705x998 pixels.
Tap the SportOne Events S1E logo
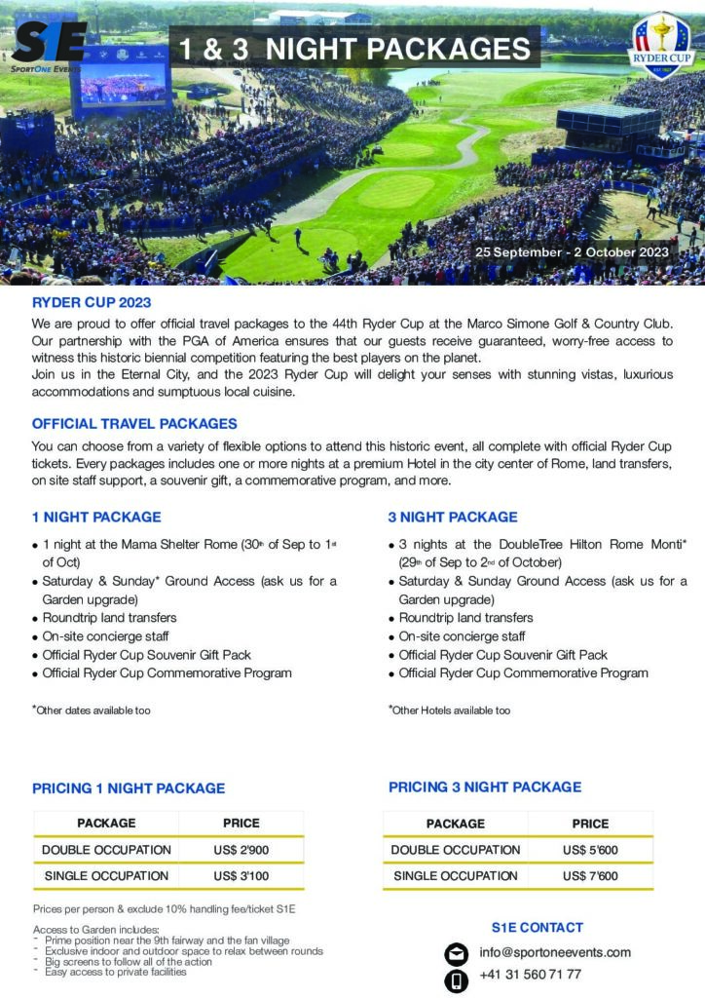[x=49, y=45]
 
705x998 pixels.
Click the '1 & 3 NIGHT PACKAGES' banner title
[x=354, y=48]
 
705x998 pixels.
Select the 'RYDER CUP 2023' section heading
[x=92, y=303]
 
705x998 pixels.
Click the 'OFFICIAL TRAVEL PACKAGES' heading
[x=134, y=424]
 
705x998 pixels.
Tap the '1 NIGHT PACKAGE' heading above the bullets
[x=96, y=517]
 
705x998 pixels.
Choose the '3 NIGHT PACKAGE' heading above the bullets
[x=453, y=517]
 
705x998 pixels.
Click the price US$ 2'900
[x=241, y=850]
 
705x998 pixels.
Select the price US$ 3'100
[x=241, y=876]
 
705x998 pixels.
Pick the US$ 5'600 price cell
[x=590, y=850]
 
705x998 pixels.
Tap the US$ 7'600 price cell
[x=590, y=876]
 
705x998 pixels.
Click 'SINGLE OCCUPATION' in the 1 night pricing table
[x=106, y=876]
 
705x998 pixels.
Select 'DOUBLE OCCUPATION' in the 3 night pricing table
[x=456, y=850]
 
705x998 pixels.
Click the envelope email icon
[x=456, y=953]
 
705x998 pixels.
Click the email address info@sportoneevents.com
[x=555, y=952]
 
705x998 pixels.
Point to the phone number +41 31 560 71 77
[x=531, y=975]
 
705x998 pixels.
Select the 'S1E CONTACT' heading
[x=538, y=927]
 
